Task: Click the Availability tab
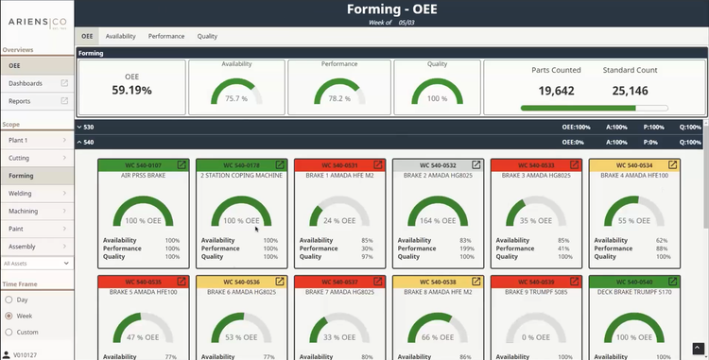click(x=120, y=36)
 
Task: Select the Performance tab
click(x=166, y=36)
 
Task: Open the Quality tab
click(x=207, y=36)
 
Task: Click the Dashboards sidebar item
click(x=26, y=83)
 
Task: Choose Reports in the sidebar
click(x=20, y=100)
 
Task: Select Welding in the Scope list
click(x=21, y=193)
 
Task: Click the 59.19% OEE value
click(x=131, y=91)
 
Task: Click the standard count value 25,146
click(x=631, y=91)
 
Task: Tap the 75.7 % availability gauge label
click(x=234, y=98)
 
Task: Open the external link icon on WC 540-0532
click(x=476, y=164)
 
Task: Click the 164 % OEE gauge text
click(x=439, y=220)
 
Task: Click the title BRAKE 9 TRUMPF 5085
click(x=537, y=292)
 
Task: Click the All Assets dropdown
click(x=35, y=263)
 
